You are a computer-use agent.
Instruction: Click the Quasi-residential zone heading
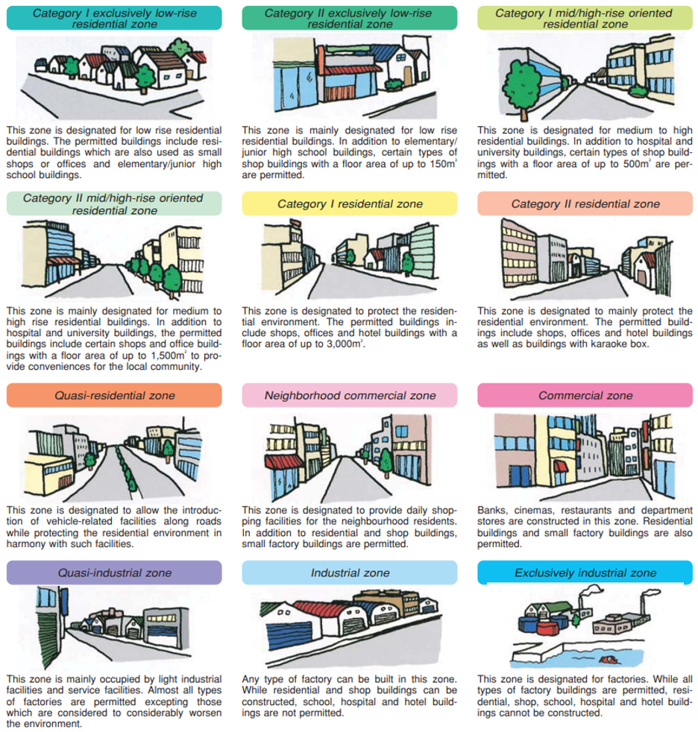tap(114, 395)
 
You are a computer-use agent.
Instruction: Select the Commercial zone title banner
tap(585, 395)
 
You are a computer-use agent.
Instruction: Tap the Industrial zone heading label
tap(350, 572)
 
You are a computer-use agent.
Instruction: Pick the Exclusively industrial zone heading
tap(585, 572)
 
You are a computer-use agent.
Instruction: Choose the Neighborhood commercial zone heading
tap(350, 395)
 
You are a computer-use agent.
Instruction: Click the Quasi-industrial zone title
tap(114, 572)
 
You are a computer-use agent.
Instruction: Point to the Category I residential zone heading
tap(350, 203)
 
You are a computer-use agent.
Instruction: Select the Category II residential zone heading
tap(585, 203)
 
